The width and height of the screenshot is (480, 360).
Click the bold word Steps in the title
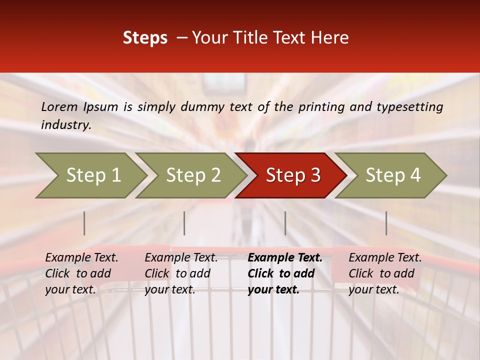[145, 38]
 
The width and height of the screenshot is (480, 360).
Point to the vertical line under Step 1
[84, 223]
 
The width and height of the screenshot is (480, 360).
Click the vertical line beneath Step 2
[184, 223]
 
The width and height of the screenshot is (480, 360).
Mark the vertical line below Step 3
[285, 223]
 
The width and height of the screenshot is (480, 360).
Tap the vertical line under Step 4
[386, 223]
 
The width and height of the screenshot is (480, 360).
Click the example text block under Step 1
[81, 273]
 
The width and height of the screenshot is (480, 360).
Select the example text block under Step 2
[181, 273]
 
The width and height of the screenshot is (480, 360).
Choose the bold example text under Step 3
[285, 273]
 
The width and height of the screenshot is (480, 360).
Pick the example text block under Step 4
[385, 273]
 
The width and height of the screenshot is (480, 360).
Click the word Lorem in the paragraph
[59, 107]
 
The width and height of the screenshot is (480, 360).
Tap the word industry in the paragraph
[66, 125]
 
